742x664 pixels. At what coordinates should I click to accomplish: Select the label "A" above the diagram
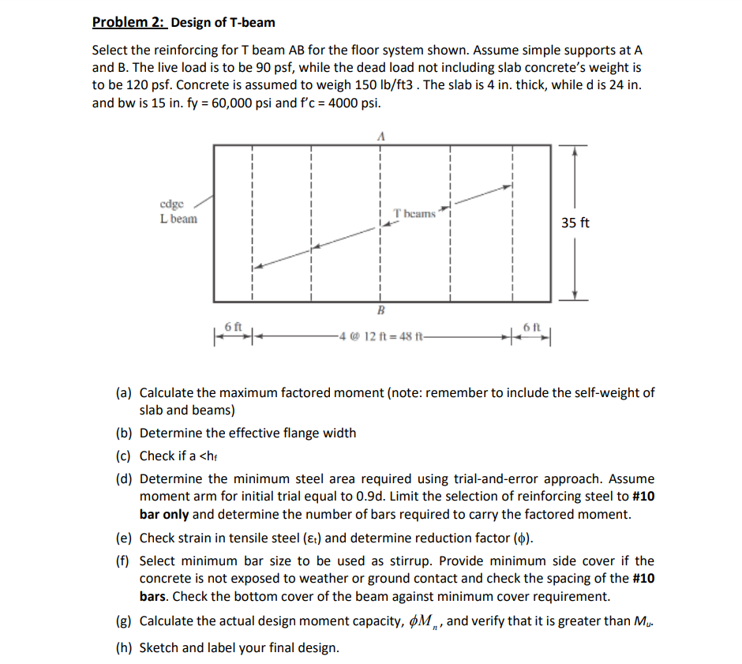(x=381, y=136)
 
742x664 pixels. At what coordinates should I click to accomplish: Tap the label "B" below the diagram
(x=380, y=309)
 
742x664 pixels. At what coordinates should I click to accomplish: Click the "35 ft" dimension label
(x=575, y=223)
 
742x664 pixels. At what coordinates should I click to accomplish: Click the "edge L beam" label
(x=178, y=212)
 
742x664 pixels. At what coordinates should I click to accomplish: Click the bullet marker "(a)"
(x=124, y=392)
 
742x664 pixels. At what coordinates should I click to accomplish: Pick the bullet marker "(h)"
(x=124, y=648)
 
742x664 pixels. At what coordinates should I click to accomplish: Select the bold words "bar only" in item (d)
(x=164, y=514)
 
